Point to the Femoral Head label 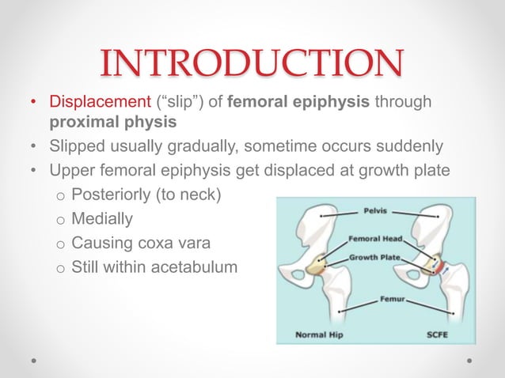(377, 238)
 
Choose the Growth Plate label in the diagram (376, 258)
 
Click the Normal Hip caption (319, 335)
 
